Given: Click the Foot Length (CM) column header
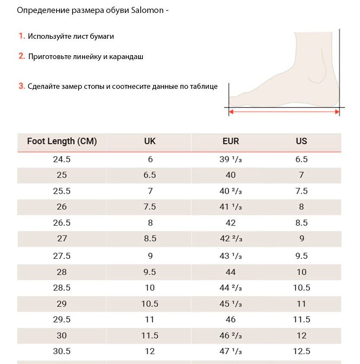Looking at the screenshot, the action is click(62, 141).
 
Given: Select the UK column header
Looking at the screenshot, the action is click(150, 141).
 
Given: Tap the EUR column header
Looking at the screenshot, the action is click(231, 141).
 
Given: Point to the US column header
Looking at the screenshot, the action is click(301, 141).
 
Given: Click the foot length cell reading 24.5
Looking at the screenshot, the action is click(62, 159).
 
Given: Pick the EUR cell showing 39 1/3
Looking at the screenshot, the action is click(231, 159).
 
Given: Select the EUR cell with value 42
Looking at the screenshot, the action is click(231, 223).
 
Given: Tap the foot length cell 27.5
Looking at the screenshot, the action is click(62, 256).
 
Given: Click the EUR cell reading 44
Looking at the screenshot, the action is click(231, 272).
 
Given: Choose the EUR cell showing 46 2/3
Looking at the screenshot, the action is click(231, 336).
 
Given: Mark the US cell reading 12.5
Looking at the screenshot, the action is click(301, 351).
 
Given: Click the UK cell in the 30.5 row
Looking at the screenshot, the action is click(150, 351).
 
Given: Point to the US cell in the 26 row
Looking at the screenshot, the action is click(301, 207).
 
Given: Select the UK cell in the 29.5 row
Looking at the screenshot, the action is click(150, 320).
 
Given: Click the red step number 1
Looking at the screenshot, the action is click(22, 36).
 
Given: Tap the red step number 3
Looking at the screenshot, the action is click(22, 86).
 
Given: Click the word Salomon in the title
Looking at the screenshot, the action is click(147, 10).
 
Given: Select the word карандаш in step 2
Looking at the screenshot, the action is click(126, 57).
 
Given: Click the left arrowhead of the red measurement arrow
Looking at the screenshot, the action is click(231, 112).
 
